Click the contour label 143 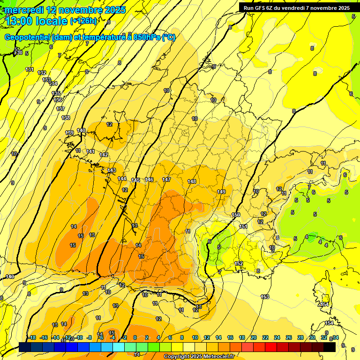[112, 170]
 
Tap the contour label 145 [135, 180]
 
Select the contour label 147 [166, 180]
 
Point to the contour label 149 [222, 192]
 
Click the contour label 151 [243, 226]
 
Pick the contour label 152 [239, 264]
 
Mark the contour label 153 [265, 297]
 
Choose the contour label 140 [81, 130]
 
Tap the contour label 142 [104, 155]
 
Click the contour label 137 [60, 109]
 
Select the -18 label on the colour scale [32, 337]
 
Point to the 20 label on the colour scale [254, 337]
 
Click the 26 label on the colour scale [289, 337]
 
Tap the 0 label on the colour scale [135, 337]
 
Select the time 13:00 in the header [21, 21]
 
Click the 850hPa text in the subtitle [145, 37]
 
